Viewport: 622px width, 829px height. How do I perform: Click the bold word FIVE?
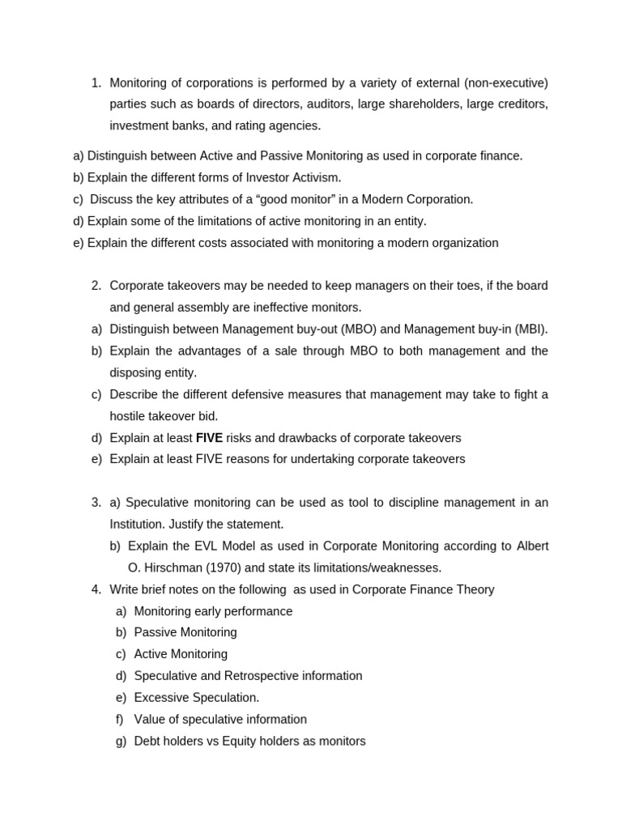tap(209, 438)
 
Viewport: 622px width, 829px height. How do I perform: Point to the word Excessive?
tap(160, 698)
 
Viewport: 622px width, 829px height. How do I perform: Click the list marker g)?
tap(121, 741)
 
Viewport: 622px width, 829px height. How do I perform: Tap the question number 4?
tap(96, 589)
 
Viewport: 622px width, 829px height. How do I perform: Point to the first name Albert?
tap(533, 546)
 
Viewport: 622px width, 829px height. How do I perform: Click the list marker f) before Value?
tap(120, 720)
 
